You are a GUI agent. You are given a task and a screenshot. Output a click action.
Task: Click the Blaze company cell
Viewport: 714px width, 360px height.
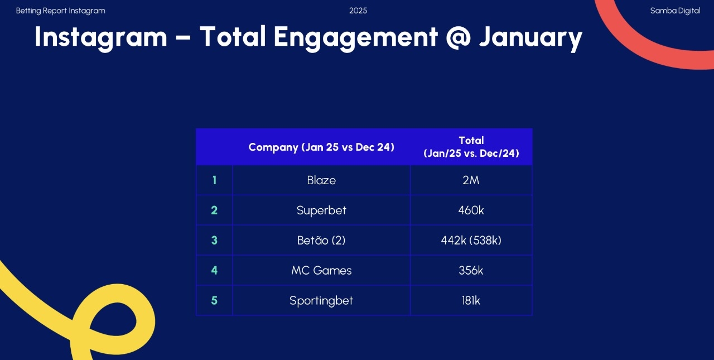pyautogui.click(x=321, y=180)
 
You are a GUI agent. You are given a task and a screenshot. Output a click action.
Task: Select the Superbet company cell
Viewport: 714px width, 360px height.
pyautogui.click(x=321, y=210)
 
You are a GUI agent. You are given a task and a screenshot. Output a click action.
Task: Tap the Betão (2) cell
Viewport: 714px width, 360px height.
pyautogui.click(x=321, y=241)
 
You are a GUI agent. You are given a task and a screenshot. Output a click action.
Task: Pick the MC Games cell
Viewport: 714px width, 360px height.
pyautogui.click(x=321, y=271)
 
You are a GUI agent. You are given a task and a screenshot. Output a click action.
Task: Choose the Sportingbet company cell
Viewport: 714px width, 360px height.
pyautogui.click(x=321, y=301)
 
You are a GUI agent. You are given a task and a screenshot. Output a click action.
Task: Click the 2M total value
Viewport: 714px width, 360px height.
pyautogui.click(x=471, y=180)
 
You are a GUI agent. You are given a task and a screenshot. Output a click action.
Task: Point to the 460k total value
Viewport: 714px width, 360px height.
pyautogui.click(x=471, y=210)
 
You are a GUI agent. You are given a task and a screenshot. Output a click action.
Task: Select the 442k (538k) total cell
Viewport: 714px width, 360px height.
pyautogui.click(x=471, y=241)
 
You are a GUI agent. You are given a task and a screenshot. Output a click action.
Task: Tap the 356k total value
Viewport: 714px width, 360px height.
pyautogui.click(x=471, y=271)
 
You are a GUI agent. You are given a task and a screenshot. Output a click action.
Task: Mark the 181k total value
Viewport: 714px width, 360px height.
pyautogui.click(x=471, y=301)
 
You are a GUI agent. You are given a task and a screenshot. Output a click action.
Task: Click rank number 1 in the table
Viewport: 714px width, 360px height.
pyautogui.click(x=214, y=180)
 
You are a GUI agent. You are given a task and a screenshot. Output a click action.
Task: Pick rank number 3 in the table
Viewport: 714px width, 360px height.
pyautogui.click(x=214, y=241)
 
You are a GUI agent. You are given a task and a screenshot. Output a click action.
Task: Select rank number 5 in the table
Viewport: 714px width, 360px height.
pyautogui.click(x=214, y=301)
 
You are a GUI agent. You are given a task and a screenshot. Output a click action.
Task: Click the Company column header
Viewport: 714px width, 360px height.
pyautogui.click(x=321, y=147)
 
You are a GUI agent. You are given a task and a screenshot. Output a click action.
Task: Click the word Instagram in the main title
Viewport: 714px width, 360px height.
pyautogui.click(x=101, y=37)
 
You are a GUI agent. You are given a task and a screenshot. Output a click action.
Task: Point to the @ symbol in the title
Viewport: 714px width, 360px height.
pyautogui.click(x=458, y=37)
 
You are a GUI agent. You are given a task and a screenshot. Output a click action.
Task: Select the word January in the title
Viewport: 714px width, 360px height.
pyautogui.click(x=530, y=37)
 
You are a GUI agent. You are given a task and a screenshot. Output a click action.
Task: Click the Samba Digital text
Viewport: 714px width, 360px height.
pyautogui.click(x=675, y=11)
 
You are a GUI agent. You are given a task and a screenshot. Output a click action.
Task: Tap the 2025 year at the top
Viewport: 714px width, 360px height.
pyautogui.click(x=358, y=11)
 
